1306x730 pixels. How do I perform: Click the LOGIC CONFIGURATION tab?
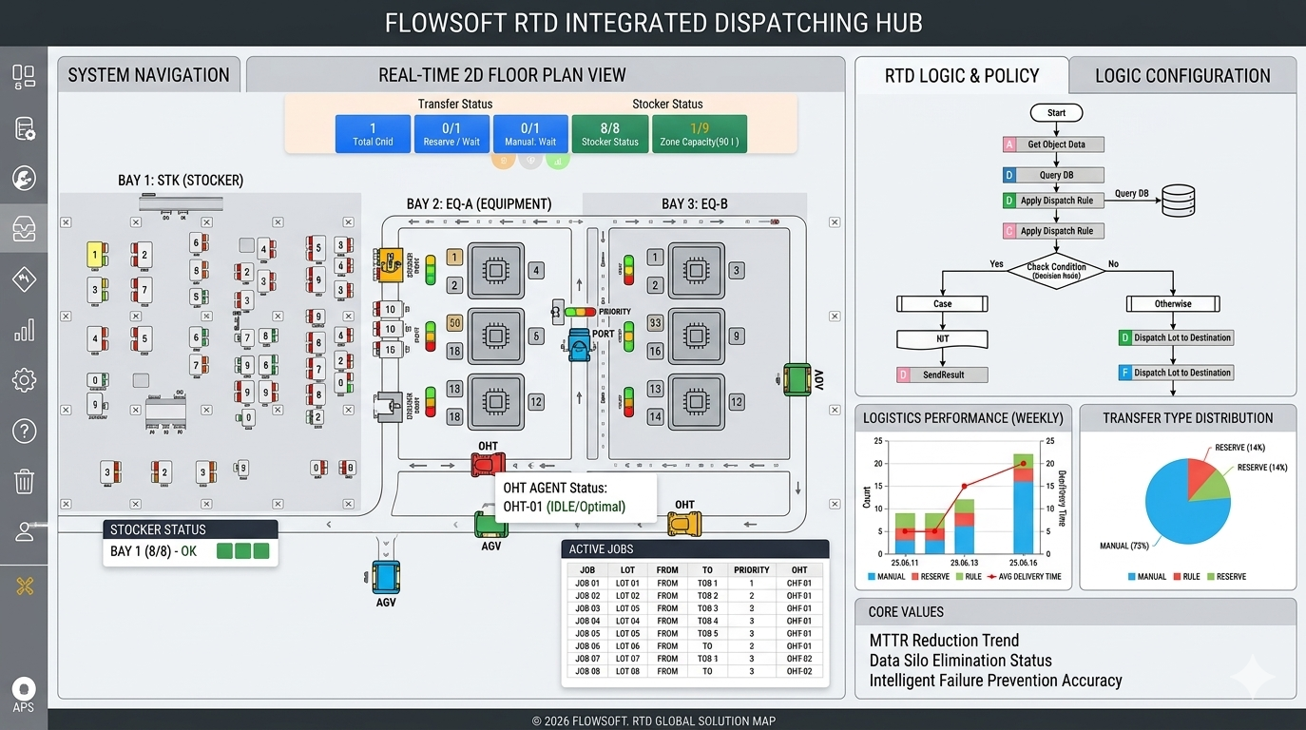click(1181, 76)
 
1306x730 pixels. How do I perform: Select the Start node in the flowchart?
click(1056, 113)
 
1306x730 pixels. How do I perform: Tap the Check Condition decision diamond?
click(1056, 270)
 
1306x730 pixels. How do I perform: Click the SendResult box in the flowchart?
click(942, 375)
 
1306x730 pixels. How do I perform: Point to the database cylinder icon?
click(1178, 201)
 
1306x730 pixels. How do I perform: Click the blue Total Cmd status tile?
click(373, 134)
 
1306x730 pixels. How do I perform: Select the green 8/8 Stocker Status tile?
click(609, 134)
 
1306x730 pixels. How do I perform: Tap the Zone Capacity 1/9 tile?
click(699, 134)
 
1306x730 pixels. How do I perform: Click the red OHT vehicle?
click(488, 464)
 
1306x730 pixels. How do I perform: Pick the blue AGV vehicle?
click(386, 577)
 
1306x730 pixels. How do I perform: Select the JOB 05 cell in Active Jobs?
click(588, 633)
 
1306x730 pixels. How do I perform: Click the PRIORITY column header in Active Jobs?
click(751, 570)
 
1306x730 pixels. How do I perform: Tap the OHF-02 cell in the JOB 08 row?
click(798, 671)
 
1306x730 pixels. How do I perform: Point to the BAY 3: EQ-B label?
click(694, 203)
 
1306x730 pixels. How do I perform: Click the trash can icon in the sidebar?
click(24, 481)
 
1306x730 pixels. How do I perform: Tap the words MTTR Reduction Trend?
click(943, 641)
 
